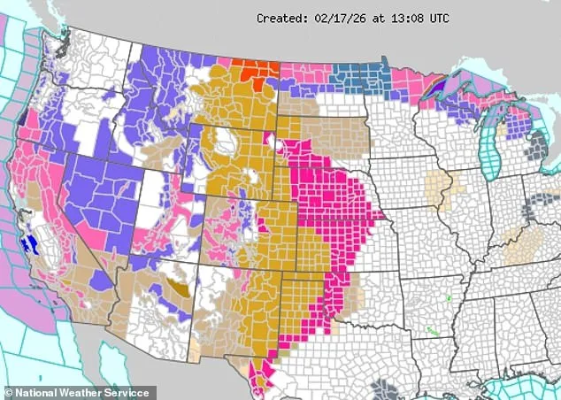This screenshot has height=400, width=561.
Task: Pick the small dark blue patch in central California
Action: click(x=31, y=242)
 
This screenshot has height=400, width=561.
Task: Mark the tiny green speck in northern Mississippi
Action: click(x=449, y=298)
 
